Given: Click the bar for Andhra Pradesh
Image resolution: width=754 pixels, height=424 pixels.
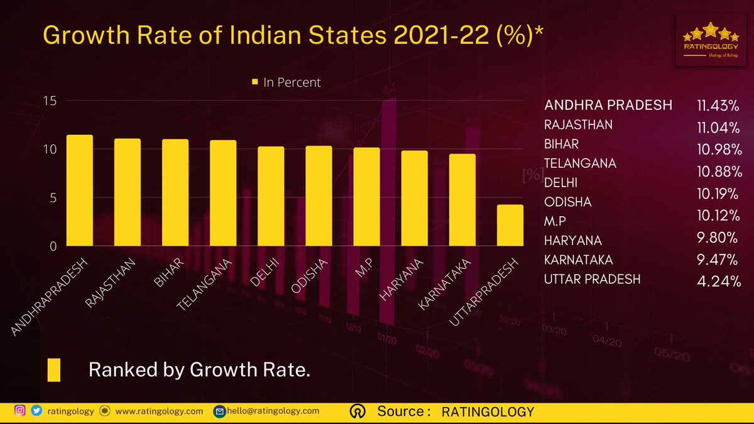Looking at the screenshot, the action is [x=80, y=190].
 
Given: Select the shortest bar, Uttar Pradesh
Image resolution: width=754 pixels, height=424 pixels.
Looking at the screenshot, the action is [x=510, y=225].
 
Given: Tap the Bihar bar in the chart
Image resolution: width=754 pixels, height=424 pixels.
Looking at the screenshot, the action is [x=175, y=192].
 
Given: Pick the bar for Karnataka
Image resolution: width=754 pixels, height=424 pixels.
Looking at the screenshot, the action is [x=462, y=200].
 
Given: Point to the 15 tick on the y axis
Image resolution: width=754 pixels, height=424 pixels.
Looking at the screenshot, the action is [x=50, y=101].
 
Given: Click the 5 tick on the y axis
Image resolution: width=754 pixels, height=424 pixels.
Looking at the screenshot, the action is [x=53, y=198].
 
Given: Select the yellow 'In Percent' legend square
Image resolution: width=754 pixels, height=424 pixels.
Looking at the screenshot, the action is [x=255, y=82].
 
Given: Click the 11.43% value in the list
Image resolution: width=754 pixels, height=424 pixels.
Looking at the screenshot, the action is [x=718, y=106].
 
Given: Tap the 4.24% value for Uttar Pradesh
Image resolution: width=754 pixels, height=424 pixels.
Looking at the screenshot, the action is [x=719, y=281].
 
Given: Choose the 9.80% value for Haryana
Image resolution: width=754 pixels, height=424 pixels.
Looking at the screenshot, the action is [x=718, y=237].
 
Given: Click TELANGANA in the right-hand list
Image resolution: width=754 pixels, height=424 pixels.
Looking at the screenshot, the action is [x=580, y=163].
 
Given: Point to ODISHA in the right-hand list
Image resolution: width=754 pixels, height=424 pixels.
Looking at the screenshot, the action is [x=567, y=202].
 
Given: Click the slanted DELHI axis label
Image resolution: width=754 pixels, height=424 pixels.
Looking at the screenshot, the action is [x=265, y=272].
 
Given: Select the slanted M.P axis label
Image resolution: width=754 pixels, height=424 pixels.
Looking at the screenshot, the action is [x=364, y=268].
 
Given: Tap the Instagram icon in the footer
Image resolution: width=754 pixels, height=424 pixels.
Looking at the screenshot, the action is [x=20, y=411].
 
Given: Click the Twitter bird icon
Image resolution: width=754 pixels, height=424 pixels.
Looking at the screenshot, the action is [x=36, y=411].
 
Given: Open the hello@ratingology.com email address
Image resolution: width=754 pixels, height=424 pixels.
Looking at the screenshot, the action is [x=273, y=411].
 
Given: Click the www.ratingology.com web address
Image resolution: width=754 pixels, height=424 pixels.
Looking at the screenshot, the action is [x=159, y=411].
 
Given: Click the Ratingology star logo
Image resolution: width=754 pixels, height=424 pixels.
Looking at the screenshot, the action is [x=711, y=40].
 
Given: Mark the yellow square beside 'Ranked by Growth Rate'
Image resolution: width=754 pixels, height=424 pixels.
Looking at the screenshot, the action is [x=54, y=370].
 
